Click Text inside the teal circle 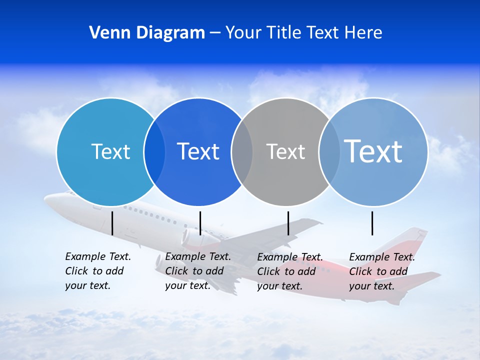[110, 151]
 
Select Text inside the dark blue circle [198, 151]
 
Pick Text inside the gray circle [285, 151]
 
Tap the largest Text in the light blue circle [373, 151]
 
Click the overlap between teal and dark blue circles [154, 151]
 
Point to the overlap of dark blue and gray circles [242, 151]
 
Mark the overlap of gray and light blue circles [329, 151]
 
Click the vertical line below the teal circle [112, 223]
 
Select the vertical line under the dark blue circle [200, 223]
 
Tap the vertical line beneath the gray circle [288, 223]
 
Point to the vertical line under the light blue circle [372, 223]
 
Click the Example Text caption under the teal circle [97, 271]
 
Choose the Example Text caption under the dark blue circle [197, 271]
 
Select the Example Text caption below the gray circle [289, 271]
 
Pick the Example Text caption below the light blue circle [381, 271]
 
